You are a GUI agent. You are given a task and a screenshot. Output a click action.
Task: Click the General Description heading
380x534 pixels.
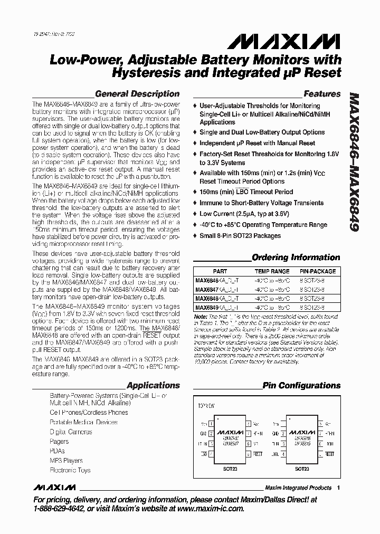click(x=137, y=94)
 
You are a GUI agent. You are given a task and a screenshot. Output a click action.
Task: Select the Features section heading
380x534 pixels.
click(x=322, y=94)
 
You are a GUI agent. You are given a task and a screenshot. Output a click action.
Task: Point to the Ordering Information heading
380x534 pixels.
click(x=296, y=258)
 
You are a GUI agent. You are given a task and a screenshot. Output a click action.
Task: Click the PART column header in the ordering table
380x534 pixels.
click(x=220, y=271)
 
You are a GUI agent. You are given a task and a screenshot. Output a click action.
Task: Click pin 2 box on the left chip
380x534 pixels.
click(x=212, y=433)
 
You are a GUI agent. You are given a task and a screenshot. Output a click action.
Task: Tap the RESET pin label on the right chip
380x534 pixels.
click(x=330, y=453)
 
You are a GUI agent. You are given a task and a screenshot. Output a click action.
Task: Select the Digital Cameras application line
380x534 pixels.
click(x=71, y=432)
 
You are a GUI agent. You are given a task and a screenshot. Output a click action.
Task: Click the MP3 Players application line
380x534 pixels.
click(x=66, y=461)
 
